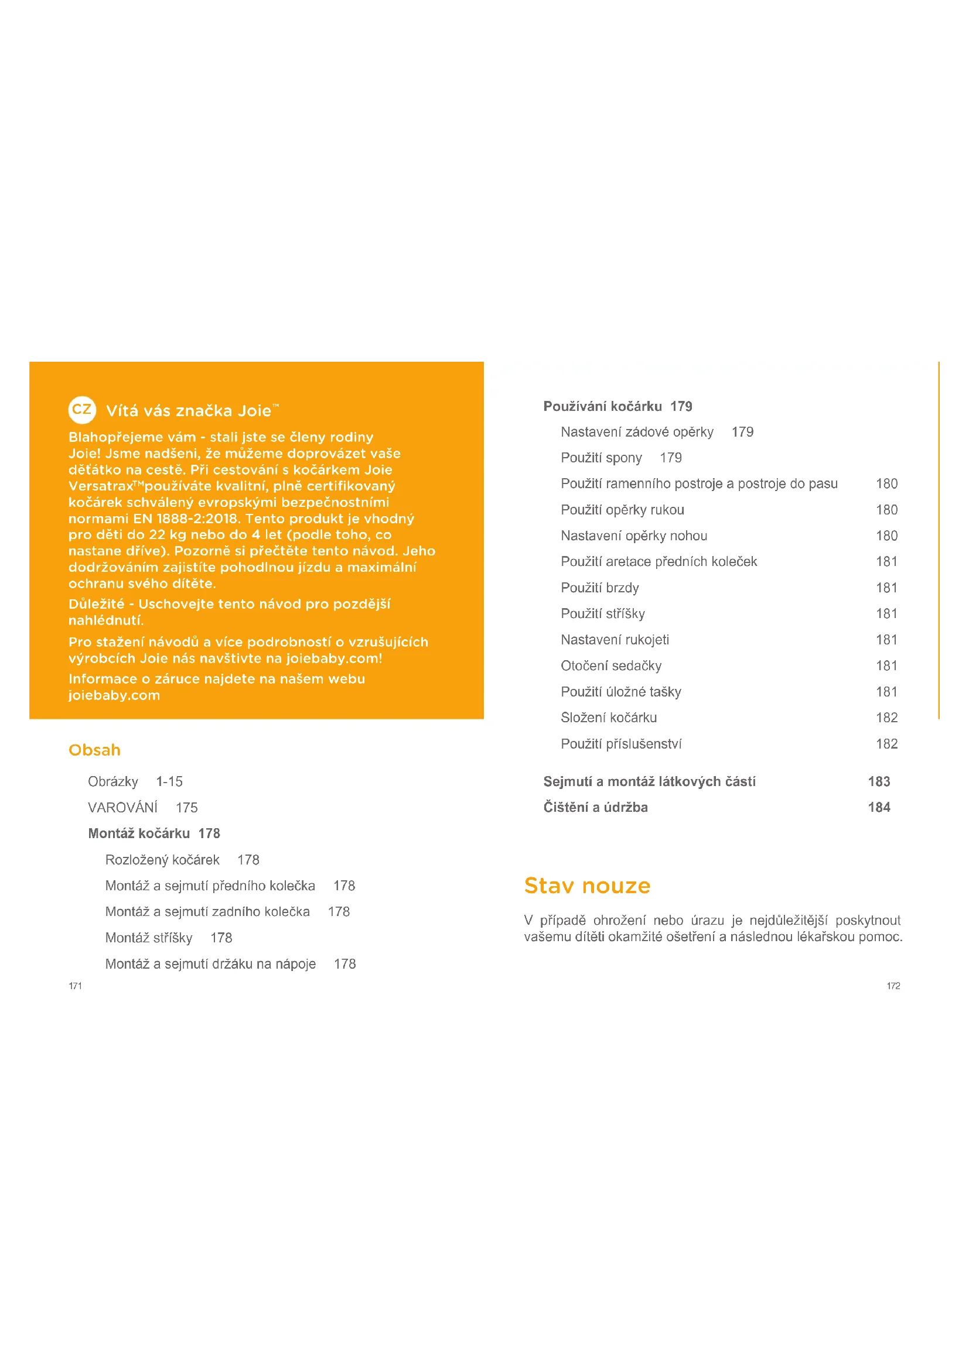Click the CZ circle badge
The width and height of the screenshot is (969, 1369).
click(x=82, y=410)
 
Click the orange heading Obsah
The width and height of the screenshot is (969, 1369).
click(x=94, y=750)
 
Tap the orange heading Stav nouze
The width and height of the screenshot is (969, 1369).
click(x=587, y=886)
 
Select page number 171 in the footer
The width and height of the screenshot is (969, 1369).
click(x=75, y=986)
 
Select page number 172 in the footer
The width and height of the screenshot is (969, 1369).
click(x=893, y=986)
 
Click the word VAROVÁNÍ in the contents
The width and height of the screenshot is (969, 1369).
click(x=123, y=808)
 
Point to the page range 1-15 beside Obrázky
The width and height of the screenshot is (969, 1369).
click(x=169, y=782)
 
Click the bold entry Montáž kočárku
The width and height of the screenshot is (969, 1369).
click(x=139, y=833)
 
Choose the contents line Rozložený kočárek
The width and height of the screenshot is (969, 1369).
click(x=162, y=860)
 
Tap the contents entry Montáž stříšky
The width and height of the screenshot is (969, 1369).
click(x=149, y=938)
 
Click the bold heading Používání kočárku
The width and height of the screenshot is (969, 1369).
click(x=603, y=407)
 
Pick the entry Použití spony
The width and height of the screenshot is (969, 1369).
click(x=602, y=458)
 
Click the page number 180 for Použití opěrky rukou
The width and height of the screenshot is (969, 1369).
click(x=886, y=510)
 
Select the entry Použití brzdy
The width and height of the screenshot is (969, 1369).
click(x=600, y=588)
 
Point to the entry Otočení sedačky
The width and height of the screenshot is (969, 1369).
click(x=611, y=666)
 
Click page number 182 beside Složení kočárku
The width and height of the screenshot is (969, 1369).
click(x=886, y=718)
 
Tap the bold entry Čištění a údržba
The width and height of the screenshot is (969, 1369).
click(x=595, y=807)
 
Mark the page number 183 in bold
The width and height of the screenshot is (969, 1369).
click(x=879, y=782)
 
